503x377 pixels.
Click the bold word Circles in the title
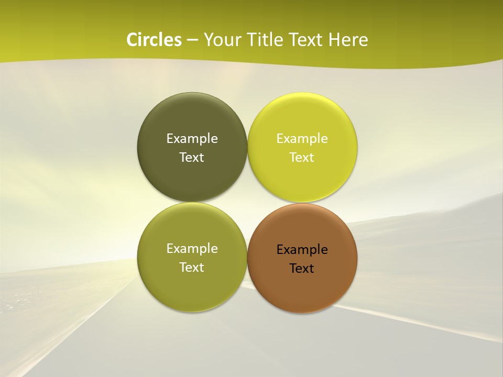pyautogui.click(x=154, y=40)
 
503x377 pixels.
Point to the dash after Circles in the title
pyautogui.click(x=192, y=40)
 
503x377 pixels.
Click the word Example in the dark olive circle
pyautogui.click(x=192, y=139)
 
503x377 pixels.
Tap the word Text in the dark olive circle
pyautogui.click(x=192, y=158)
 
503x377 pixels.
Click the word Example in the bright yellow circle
pyautogui.click(x=302, y=139)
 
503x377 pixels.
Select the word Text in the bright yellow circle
pyautogui.click(x=302, y=158)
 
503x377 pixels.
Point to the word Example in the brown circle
pyautogui.click(x=302, y=250)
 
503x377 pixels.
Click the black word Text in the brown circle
pyautogui.click(x=302, y=269)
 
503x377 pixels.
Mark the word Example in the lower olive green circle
pyautogui.click(x=192, y=249)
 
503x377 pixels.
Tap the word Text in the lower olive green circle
pyautogui.click(x=192, y=268)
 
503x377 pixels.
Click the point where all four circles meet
pyautogui.click(x=247, y=202)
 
